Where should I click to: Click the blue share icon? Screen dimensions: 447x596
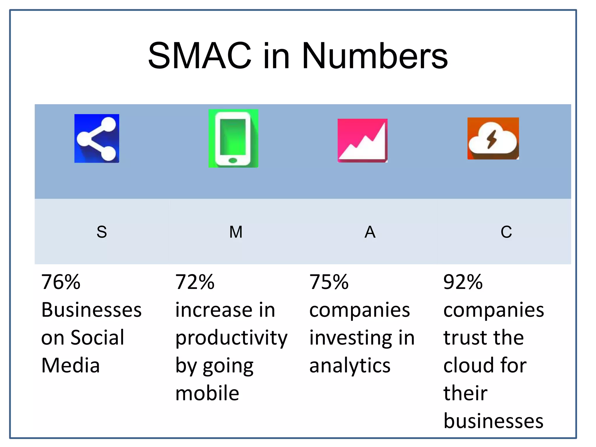97,139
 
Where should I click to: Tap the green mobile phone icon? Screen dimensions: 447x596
233,139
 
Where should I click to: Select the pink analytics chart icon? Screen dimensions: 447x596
362,141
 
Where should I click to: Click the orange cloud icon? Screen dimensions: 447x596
493,139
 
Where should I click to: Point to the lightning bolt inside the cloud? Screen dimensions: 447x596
492,139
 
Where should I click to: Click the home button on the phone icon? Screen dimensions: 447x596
233,160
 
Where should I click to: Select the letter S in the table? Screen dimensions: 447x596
102,232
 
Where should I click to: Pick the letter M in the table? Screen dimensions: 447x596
236,232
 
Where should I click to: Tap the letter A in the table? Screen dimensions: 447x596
370,232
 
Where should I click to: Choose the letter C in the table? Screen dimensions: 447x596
506,232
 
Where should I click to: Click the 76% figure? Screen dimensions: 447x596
61,282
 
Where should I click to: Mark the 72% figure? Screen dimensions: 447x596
195,282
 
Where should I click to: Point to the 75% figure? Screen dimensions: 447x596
329,282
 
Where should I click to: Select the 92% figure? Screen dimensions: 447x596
463,282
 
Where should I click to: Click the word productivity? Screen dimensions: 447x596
231,338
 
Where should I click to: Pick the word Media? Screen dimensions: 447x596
71,366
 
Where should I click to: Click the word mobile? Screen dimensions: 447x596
207,393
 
